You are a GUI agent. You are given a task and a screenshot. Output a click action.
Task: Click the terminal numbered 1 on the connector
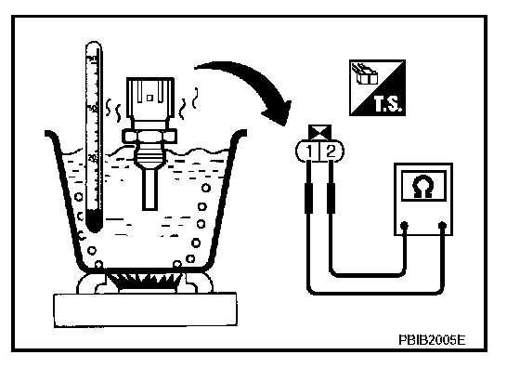308,151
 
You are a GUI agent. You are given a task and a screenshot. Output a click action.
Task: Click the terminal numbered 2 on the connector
331,151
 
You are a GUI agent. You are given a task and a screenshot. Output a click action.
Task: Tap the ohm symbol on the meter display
423,187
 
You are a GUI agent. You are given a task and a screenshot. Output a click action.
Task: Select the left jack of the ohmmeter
404,226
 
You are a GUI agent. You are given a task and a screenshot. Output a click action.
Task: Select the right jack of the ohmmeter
442,226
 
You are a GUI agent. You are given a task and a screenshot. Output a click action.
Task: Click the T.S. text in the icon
388,103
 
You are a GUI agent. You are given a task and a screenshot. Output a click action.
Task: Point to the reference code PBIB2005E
432,340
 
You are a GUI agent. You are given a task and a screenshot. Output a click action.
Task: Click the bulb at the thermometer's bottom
94,222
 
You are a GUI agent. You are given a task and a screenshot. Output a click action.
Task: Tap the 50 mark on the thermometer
92,109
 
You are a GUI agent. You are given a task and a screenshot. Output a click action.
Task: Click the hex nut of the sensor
149,136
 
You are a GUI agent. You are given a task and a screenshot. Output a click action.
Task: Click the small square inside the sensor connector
149,98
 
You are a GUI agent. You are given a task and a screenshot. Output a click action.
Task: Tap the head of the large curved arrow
278,112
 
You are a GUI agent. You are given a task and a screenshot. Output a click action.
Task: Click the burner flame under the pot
146,281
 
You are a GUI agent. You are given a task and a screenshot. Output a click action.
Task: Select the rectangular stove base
145,310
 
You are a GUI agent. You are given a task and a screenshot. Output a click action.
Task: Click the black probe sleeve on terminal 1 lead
308,198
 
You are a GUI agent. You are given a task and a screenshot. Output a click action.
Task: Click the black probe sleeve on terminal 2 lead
331,198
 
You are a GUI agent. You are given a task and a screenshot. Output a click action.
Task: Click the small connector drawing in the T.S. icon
365,74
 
